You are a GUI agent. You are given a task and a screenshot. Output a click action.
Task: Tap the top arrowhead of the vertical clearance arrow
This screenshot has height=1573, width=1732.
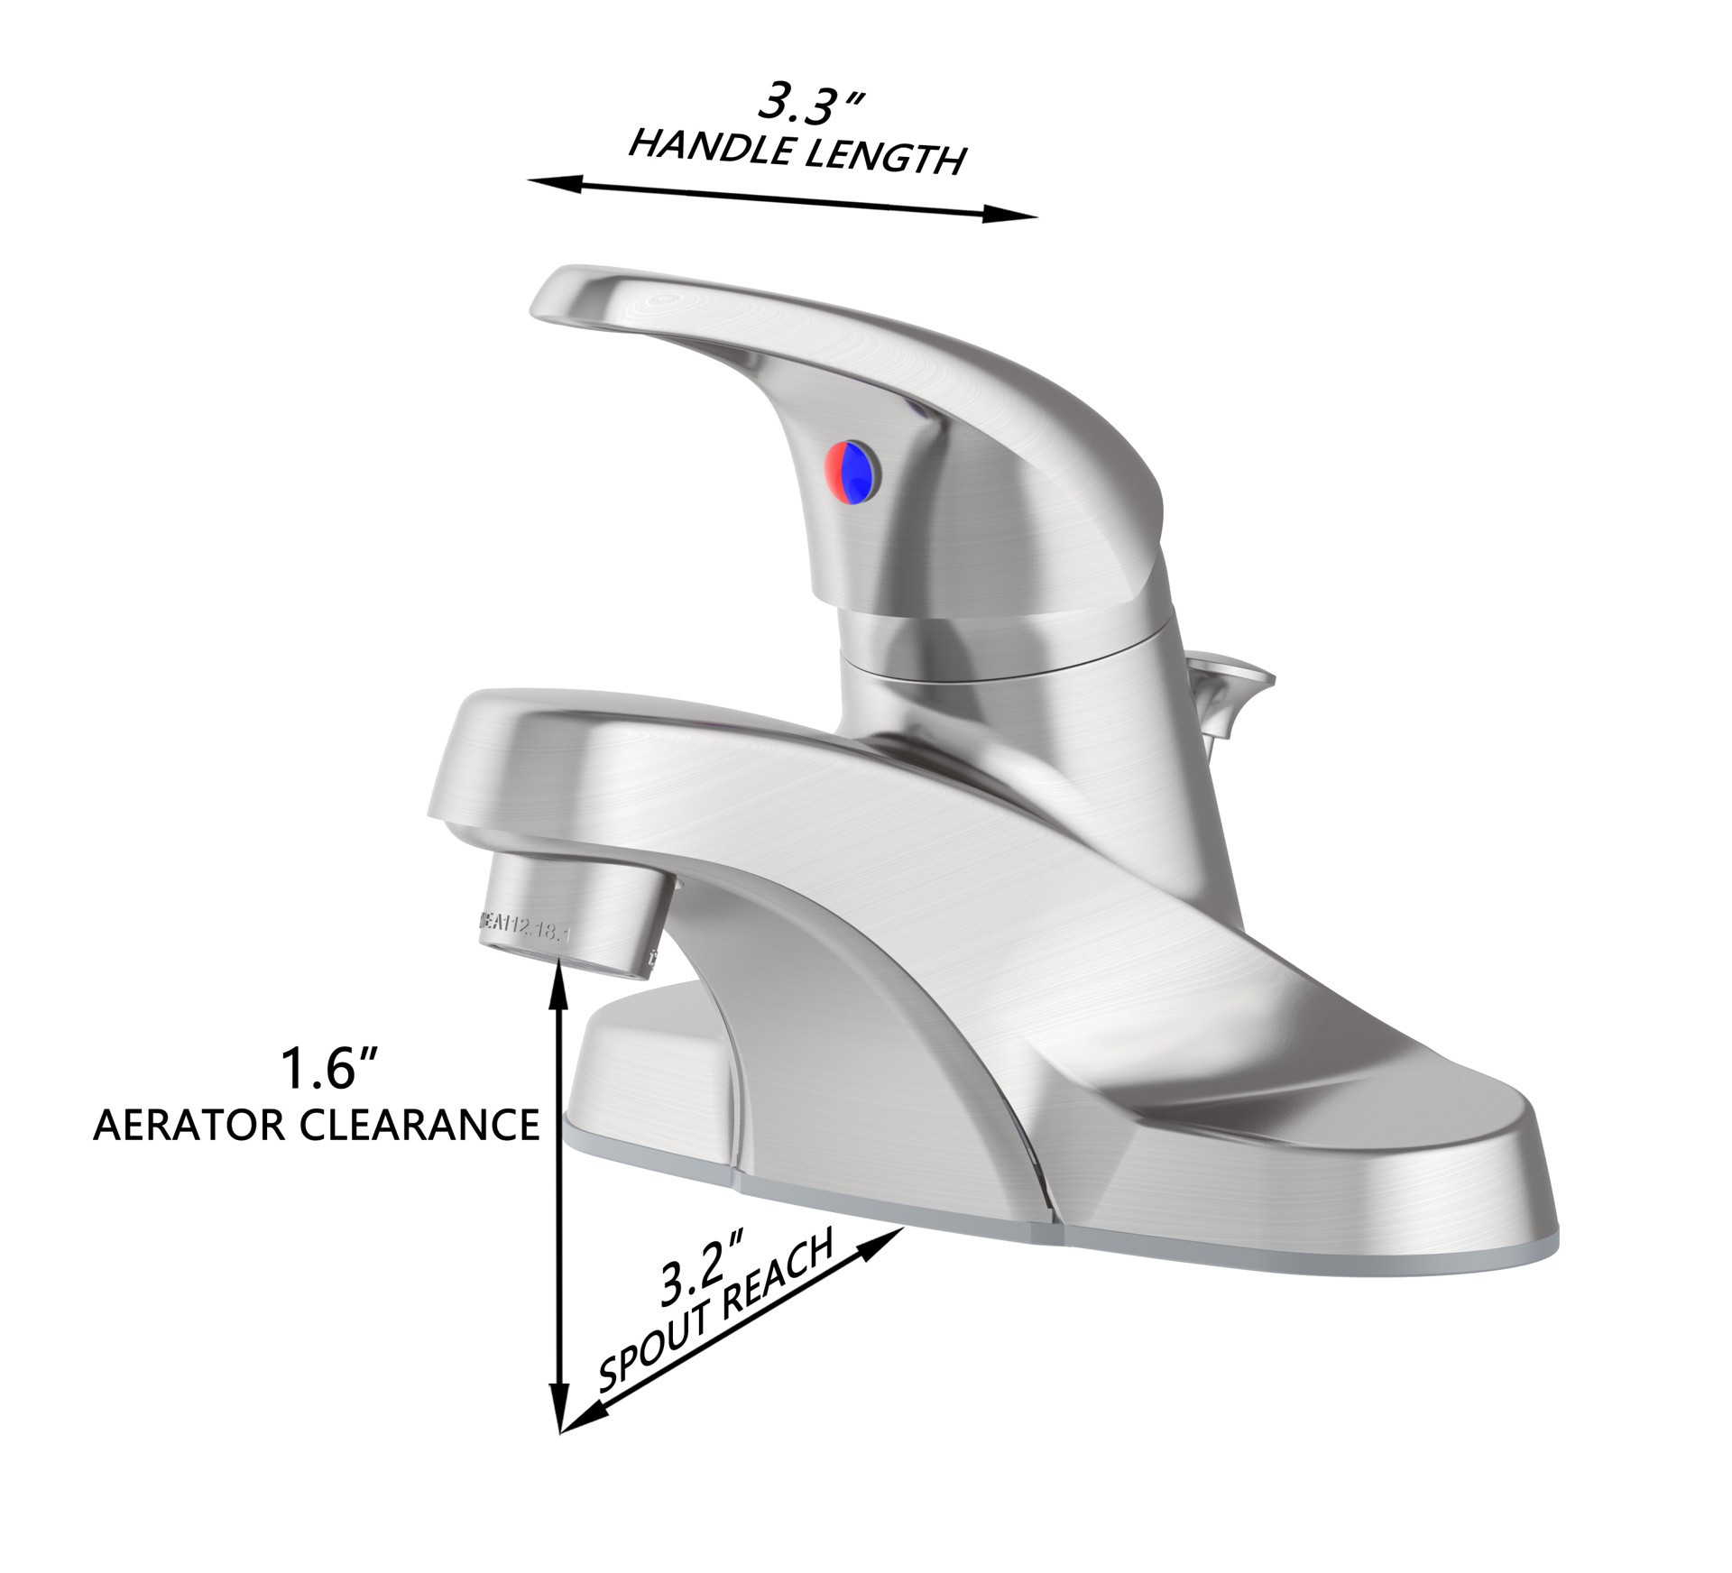pyautogui.click(x=561, y=980)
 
